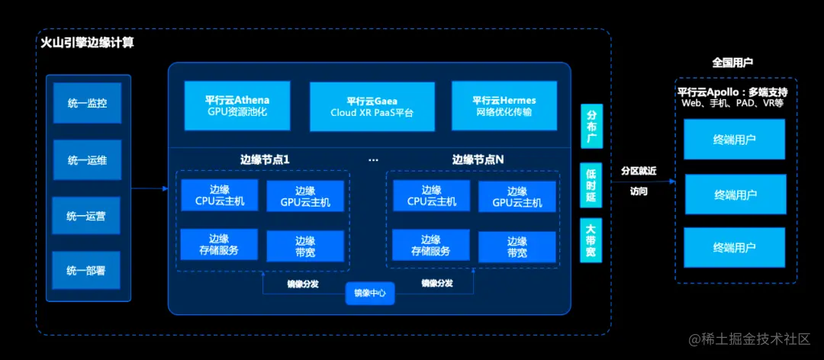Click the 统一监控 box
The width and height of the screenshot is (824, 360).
tap(87, 103)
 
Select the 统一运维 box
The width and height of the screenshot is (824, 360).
tap(87, 159)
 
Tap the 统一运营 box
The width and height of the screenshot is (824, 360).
tap(87, 216)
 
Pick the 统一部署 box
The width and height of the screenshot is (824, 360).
tap(87, 271)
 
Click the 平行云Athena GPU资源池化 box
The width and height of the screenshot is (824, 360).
tap(237, 106)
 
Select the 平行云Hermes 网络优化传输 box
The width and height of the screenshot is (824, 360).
tap(504, 106)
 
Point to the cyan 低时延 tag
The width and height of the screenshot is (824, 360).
tap(591, 185)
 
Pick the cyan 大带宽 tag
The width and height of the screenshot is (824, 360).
tap(591, 243)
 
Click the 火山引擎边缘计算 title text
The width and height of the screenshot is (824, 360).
tap(87, 43)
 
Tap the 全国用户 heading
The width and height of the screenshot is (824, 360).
tap(732, 63)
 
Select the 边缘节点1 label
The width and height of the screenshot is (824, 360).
tap(265, 160)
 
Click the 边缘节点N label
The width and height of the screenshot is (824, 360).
tap(478, 160)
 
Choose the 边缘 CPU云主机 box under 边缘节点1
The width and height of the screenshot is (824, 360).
tap(219, 196)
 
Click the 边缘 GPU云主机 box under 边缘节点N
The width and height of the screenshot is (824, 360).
tap(517, 197)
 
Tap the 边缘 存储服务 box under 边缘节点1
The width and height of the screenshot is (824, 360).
tap(219, 245)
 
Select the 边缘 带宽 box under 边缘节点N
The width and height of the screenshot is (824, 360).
tap(517, 246)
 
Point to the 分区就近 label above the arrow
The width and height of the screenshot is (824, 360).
tap(639, 171)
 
